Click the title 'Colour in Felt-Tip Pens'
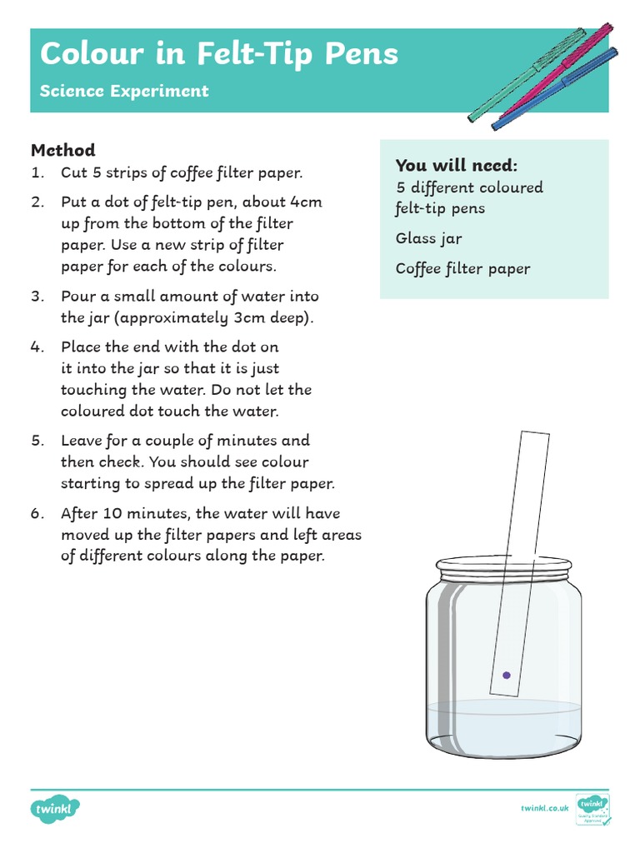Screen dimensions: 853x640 tap(219, 54)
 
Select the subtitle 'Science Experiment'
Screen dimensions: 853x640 tap(124, 91)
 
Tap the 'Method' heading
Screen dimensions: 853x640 tap(63, 150)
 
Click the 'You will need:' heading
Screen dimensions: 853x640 tap(456, 164)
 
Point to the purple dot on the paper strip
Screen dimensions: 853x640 tap(505, 675)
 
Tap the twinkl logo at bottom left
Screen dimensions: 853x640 tap(56, 808)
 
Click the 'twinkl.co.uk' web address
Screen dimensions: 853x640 tap(544, 808)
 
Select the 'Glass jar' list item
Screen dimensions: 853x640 tap(428, 239)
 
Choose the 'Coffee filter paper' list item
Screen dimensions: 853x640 tap(462, 268)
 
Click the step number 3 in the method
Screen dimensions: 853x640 tap(37, 297)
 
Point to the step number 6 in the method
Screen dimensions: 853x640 tap(37, 513)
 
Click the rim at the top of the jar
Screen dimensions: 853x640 tap(505, 568)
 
